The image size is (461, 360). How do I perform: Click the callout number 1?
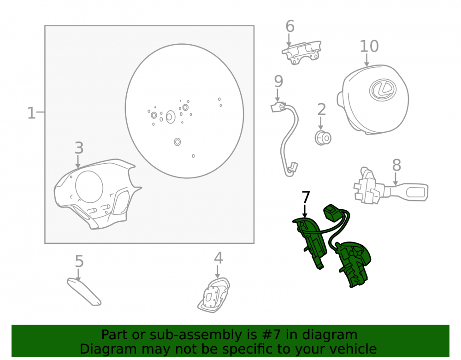(31, 113)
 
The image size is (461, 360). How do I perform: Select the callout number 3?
(79, 148)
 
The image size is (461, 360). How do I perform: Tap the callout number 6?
(290, 26)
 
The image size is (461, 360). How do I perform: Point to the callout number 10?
(369, 47)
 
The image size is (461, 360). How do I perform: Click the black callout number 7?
(306, 197)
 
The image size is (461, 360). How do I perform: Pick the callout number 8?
(396, 165)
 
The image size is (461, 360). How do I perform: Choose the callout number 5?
(79, 261)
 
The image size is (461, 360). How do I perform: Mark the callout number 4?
(218, 258)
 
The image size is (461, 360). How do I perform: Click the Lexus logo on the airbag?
(383, 89)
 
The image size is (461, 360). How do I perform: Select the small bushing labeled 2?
(323, 138)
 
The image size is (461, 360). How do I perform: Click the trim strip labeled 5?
(84, 291)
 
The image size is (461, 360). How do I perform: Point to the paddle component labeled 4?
(214, 295)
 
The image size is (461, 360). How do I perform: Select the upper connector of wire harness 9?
(278, 107)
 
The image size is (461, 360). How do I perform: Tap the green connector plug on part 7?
(332, 213)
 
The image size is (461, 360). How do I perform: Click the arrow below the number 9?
(278, 95)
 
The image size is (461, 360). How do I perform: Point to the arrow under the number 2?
(321, 123)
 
